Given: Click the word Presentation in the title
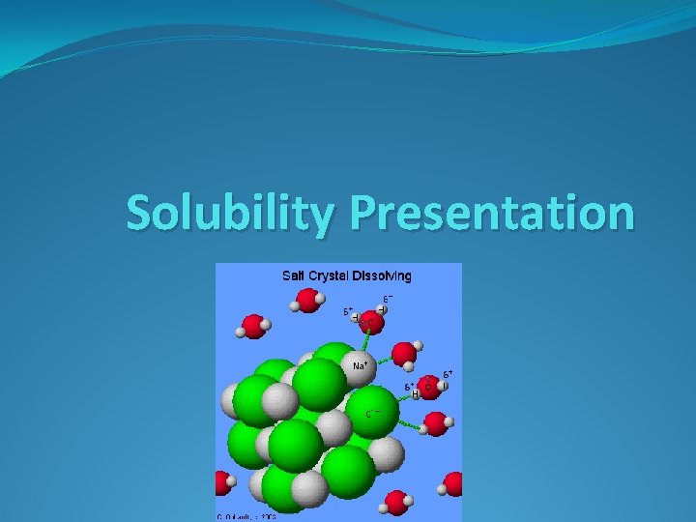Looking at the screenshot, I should point(493,214).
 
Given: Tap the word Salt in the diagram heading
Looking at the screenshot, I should point(292,275).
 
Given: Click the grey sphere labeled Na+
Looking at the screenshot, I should point(359,367).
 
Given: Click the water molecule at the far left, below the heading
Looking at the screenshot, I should point(253,326).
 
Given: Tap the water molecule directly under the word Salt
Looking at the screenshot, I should point(306,302).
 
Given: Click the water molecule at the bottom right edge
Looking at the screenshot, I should point(452,483).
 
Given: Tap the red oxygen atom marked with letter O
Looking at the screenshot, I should point(429,388).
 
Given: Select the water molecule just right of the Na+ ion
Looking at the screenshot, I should point(405,354).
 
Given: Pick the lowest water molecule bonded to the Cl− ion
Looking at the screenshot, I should point(436,423).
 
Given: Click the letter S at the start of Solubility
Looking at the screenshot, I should point(139,214).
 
